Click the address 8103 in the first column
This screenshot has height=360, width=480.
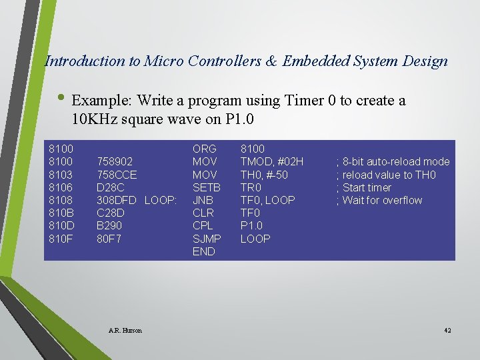(x=61, y=175)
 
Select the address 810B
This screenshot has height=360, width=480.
(x=61, y=213)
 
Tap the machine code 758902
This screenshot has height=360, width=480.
(x=115, y=162)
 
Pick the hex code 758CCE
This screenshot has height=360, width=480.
(x=117, y=175)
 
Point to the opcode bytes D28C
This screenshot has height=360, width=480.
(x=111, y=187)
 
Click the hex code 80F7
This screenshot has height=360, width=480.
(x=109, y=238)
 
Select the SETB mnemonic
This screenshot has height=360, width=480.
(x=206, y=187)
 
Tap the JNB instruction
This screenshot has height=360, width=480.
(x=203, y=200)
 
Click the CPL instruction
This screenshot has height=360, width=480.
(x=203, y=225)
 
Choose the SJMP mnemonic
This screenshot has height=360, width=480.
(x=206, y=238)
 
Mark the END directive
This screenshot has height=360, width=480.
(x=203, y=251)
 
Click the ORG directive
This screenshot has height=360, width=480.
(x=203, y=149)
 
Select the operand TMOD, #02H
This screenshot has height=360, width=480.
(x=271, y=162)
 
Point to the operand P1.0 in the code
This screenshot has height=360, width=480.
(x=252, y=225)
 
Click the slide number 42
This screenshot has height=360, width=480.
(x=447, y=331)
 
